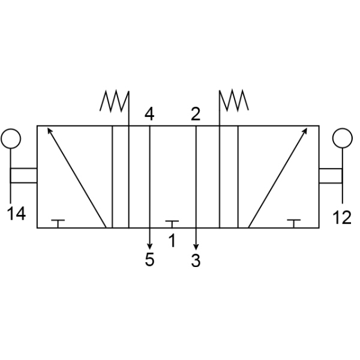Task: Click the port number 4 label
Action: tap(149, 113)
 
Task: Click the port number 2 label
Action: tap(196, 113)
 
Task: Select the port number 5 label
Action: tap(149, 259)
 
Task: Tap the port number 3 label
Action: tap(196, 260)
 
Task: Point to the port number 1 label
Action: tap(172, 241)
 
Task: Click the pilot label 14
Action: tap(16, 213)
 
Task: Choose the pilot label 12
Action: tap(342, 217)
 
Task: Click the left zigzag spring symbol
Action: tap(115, 101)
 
